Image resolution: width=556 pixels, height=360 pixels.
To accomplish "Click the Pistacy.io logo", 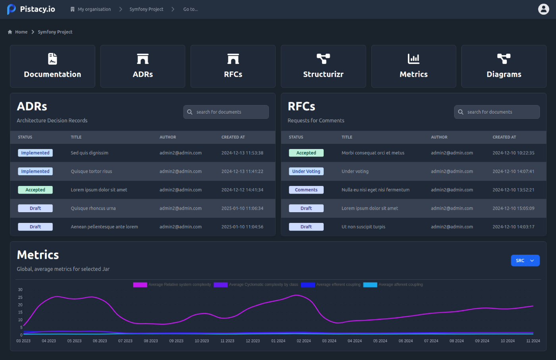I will pyautogui.click(x=31, y=9).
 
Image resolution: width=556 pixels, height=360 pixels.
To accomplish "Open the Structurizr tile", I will pyautogui.click(x=323, y=66).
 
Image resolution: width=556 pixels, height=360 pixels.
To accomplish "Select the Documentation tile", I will pyautogui.click(x=52, y=66).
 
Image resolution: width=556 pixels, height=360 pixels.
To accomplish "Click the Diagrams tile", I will pyautogui.click(x=504, y=66).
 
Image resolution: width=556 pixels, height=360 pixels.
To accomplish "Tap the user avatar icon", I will pyautogui.click(x=543, y=9).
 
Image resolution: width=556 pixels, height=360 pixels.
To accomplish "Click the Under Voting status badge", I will pyautogui.click(x=306, y=171).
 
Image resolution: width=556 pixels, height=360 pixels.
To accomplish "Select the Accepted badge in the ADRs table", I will pyautogui.click(x=35, y=190).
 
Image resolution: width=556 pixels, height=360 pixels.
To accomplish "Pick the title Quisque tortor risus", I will pyautogui.click(x=91, y=171).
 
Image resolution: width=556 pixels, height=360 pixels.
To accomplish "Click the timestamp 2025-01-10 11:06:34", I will pyautogui.click(x=242, y=208).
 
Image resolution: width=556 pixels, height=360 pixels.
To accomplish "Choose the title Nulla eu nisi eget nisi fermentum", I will pyautogui.click(x=375, y=190).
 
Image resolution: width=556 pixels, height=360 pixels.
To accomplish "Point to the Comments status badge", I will pyautogui.click(x=306, y=190).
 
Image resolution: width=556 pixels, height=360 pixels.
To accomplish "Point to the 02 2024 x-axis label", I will pyautogui.click(x=304, y=341).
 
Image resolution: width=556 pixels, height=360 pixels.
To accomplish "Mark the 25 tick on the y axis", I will pyautogui.click(x=20, y=297).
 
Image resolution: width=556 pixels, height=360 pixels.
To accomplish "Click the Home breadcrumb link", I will pyautogui.click(x=21, y=32).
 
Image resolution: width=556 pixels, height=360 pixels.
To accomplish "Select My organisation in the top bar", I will pyautogui.click(x=94, y=9).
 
